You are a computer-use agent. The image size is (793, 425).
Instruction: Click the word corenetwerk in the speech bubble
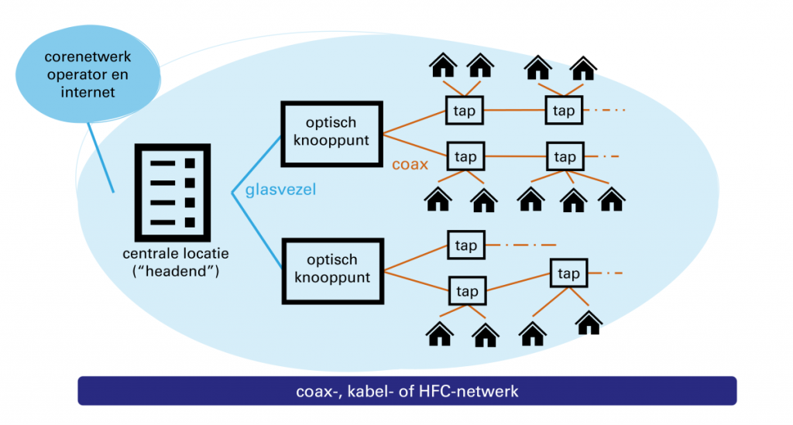[x=88, y=57]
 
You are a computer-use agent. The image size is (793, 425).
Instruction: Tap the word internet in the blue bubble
[x=88, y=92]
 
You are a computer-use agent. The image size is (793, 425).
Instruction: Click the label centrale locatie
[x=176, y=254]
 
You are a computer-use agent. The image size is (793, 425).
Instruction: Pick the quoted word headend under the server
[x=176, y=271]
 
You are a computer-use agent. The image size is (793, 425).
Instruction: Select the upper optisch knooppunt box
[x=331, y=132]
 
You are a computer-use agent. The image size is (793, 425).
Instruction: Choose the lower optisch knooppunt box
[x=331, y=269]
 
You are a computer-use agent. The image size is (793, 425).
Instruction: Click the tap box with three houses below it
[x=565, y=157]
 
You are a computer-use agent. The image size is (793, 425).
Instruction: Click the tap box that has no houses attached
[x=465, y=245]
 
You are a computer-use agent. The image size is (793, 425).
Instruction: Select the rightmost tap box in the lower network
[x=568, y=273]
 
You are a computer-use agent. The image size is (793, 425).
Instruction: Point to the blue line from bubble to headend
[x=100, y=159]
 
